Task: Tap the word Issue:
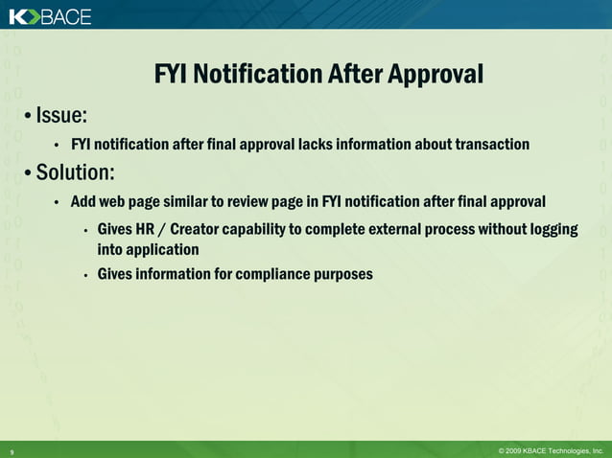click(x=61, y=116)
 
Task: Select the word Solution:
click(x=75, y=173)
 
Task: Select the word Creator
click(x=203, y=231)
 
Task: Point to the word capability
click(x=280, y=231)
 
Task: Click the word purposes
click(x=340, y=275)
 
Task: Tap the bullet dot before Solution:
click(x=29, y=174)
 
